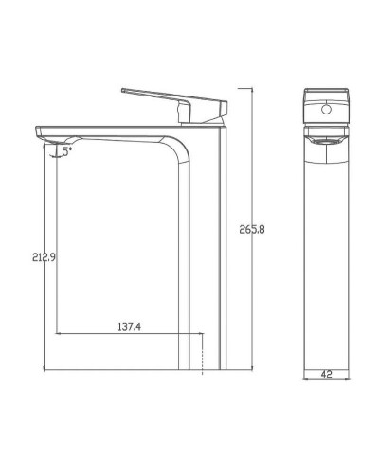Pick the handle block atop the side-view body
pos(204,111)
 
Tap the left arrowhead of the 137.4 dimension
pos(59,334)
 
